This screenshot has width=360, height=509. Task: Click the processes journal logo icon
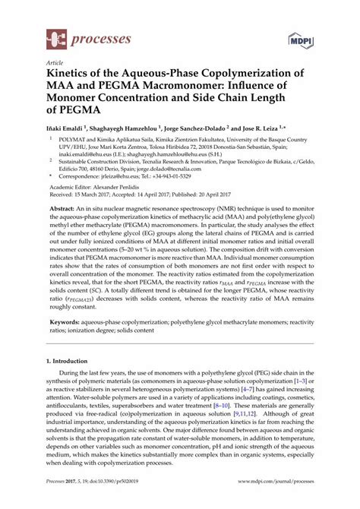[x=55, y=37]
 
